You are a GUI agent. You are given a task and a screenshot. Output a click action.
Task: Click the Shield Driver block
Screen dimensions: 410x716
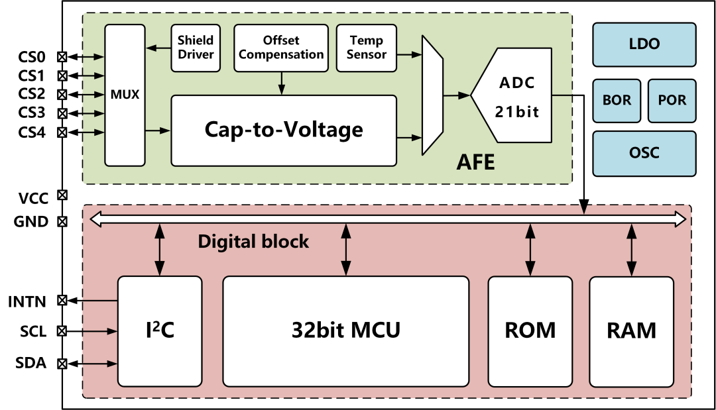pyautogui.click(x=196, y=48)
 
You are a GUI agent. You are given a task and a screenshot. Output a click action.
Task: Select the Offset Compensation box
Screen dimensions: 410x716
pyautogui.click(x=282, y=48)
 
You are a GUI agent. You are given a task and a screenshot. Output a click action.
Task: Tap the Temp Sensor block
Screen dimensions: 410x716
pyautogui.click(x=366, y=48)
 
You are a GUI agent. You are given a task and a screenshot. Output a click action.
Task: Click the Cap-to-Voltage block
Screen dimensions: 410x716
pyautogui.click(x=284, y=130)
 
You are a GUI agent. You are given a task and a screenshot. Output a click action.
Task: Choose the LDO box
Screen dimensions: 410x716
pyautogui.click(x=644, y=45)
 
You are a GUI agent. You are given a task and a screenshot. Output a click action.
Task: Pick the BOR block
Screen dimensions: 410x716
pyautogui.click(x=617, y=101)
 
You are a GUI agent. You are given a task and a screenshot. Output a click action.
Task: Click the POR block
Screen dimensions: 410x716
pyautogui.click(x=672, y=101)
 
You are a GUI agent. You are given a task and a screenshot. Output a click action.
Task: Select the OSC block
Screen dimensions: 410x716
pyautogui.click(x=644, y=153)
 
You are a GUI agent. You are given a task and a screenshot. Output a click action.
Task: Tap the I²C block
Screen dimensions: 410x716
pyautogui.click(x=159, y=331)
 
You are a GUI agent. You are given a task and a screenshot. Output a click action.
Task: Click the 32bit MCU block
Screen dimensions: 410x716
pyautogui.click(x=345, y=331)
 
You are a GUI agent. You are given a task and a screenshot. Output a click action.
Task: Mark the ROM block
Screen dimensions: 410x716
pyautogui.click(x=530, y=331)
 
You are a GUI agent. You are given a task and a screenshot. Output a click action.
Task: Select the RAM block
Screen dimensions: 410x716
pyautogui.click(x=631, y=331)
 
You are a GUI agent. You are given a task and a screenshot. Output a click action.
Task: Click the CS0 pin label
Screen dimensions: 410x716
pyautogui.click(x=32, y=57)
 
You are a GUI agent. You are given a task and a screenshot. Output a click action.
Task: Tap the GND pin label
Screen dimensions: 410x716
pyautogui.click(x=31, y=222)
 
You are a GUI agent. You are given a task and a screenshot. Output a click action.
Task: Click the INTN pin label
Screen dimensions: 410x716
pyautogui.click(x=27, y=302)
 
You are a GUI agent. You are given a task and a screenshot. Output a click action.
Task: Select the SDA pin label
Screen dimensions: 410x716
pyautogui.click(x=30, y=363)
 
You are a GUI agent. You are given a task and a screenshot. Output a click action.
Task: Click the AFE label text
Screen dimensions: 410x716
pyautogui.click(x=475, y=163)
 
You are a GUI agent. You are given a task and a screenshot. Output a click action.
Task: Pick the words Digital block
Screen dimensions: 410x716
pyautogui.click(x=253, y=241)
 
